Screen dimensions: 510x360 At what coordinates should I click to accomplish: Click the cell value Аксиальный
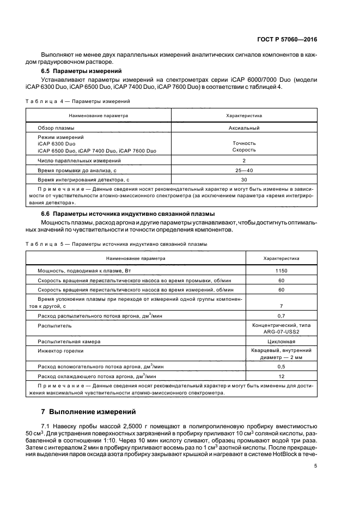click(x=244, y=128)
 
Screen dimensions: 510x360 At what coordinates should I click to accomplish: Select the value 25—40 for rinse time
click(x=244, y=170)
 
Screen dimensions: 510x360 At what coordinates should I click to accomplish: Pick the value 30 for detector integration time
click(x=244, y=179)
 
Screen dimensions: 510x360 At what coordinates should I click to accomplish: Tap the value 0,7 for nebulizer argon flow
click(x=281, y=316)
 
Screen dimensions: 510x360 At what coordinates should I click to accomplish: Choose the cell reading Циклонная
click(x=281, y=341)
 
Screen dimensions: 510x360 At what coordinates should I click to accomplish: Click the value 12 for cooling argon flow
click(x=281, y=377)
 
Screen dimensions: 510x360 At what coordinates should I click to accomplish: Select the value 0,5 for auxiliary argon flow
click(x=281, y=367)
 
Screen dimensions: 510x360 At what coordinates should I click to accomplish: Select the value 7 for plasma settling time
click(x=281, y=307)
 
